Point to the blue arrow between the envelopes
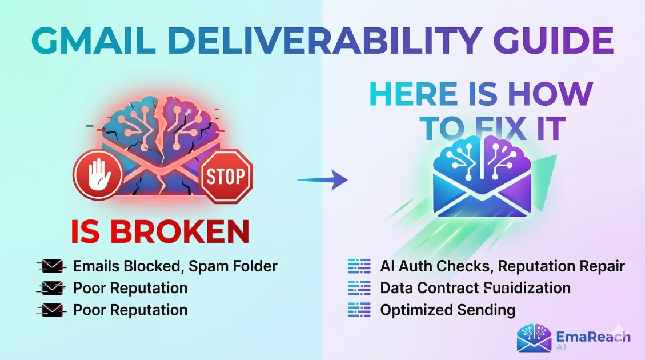[x=322, y=180]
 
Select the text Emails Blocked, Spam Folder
[x=175, y=266]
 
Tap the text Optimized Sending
[x=447, y=310]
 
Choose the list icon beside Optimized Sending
[x=359, y=310]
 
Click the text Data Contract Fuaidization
[x=475, y=288]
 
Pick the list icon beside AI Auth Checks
[x=359, y=266]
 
